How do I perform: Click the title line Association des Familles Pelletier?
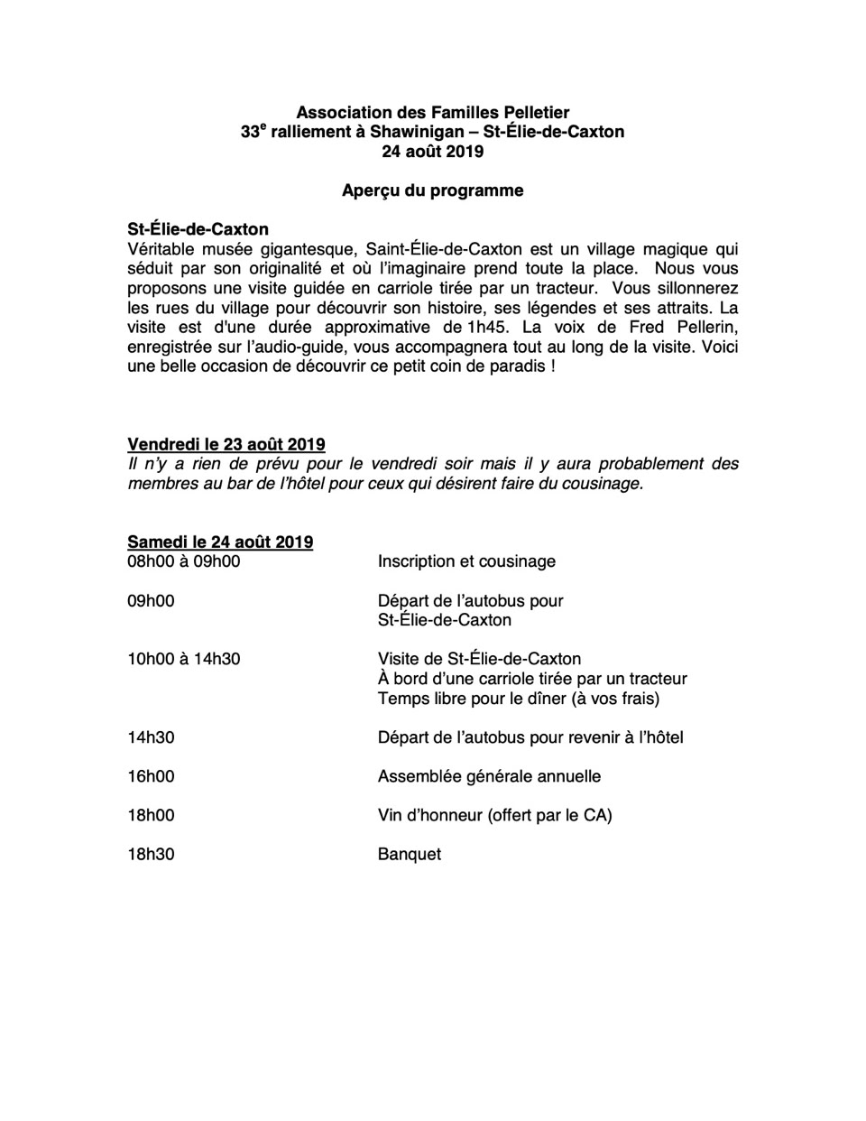pyautogui.click(x=432, y=113)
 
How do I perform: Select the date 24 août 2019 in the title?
pyautogui.click(x=432, y=152)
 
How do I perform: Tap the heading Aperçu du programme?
pyautogui.click(x=432, y=190)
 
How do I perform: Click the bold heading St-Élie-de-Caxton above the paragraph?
pyautogui.click(x=198, y=230)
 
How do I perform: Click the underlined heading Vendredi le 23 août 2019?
pyautogui.click(x=226, y=444)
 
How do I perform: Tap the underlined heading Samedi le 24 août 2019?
pyautogui.click(x=220, y=542)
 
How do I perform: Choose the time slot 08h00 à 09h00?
pyautogui.click(x=184, y=561)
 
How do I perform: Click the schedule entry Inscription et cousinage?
pyautogui.click(x=466, y=561)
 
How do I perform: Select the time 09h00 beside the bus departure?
pyautogui.click(x=151, y=600)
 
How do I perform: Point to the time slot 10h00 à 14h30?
pyautogui.click(x=184, y=659)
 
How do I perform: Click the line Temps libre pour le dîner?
pyautogui.click(x=519, y=699)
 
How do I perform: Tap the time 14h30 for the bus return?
pyautogui.click(x=151, y=737)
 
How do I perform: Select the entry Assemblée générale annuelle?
pyautogui.click(x=489, y=776)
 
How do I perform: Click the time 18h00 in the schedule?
pyautogui.click(x=151, y=815)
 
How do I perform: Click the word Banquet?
pyautogui.click(x=410, y=854)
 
